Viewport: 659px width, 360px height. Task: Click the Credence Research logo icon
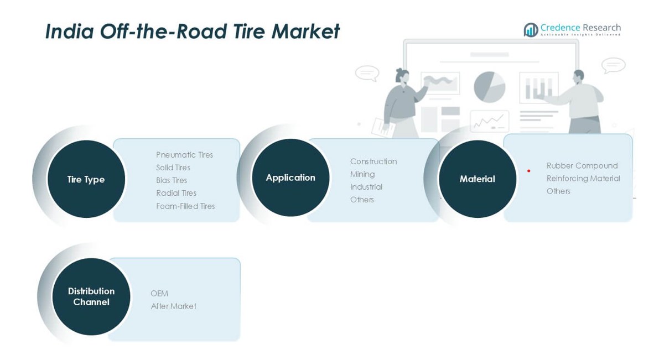click(531, 30)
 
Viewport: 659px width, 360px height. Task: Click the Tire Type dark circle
click(86, 179)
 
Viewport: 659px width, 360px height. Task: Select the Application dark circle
click(290, 178)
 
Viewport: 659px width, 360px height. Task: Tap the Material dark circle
click(477, 179)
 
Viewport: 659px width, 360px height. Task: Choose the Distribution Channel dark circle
click(91, 296)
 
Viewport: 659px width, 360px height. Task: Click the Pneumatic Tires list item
click(184, 155)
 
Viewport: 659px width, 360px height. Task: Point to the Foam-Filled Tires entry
click(185, 206)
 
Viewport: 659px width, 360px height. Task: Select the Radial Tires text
click(176, 193)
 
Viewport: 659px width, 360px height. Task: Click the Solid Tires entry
click(173, 168)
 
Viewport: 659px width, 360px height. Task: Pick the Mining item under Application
click(362, 174)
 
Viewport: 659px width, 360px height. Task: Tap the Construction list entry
click(373, 161)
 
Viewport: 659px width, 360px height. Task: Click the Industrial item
click(366, 187)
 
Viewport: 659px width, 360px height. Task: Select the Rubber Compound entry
click(582, 165)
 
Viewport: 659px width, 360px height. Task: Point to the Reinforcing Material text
click(583, 178)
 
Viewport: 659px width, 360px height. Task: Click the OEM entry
click(159, 293)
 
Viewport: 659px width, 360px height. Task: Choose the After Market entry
click(173, 306)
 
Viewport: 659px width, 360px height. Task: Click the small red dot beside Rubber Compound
click(529, 171)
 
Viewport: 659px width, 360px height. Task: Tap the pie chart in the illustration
click(489, 87)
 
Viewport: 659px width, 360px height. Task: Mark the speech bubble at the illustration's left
click(367, 72)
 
